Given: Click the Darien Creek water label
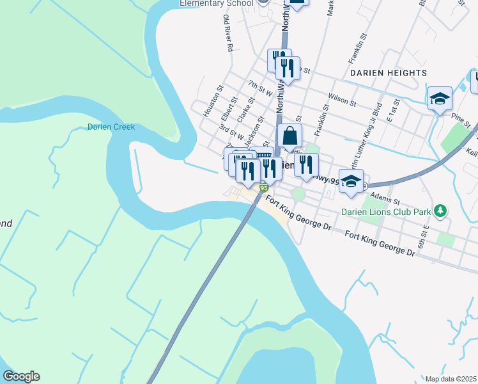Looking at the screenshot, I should point(111,127).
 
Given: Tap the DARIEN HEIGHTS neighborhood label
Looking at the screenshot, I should point(389,73).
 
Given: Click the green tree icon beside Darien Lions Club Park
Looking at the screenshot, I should point(439,211).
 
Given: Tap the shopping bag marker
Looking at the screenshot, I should point(289,136).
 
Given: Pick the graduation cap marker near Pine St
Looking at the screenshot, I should point(440,99).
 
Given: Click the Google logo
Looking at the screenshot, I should point(21,376).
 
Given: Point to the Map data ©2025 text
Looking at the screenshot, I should point(451,378).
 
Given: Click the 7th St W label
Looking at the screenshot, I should point(260,88).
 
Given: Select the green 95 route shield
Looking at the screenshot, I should point(263,187).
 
